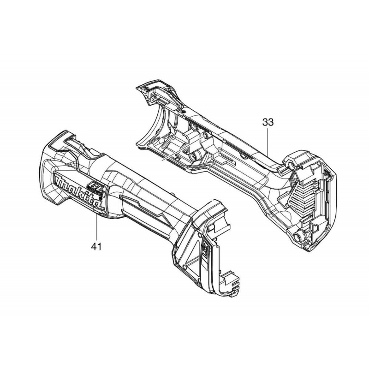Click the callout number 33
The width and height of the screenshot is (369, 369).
tap(268, 122)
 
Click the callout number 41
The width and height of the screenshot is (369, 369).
tap(96, 246)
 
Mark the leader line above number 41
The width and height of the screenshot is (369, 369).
tap(96, 226)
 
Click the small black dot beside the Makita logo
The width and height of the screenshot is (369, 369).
tap(101, 198)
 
